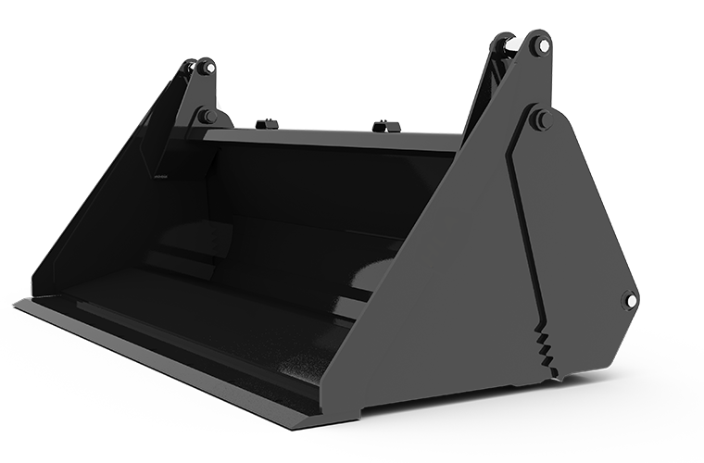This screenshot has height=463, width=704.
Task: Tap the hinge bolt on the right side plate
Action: click(x=539, y=119)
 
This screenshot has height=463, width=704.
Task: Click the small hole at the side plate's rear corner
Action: click(x=630, y=300)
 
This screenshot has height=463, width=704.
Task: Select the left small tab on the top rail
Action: click(x=267, y=123)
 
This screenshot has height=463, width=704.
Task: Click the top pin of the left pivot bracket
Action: click(x=207, y=68)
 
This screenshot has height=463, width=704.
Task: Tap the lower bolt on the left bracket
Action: click(x=206, y=117)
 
